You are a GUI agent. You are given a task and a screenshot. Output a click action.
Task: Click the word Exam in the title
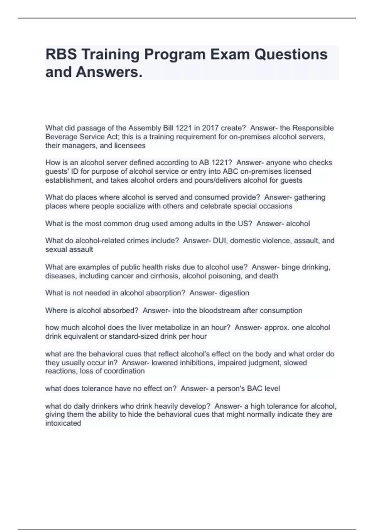[x=230, y=54]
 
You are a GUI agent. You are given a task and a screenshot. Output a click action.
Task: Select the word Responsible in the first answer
[x=313, y=128]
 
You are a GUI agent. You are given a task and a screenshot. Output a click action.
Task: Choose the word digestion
[x=234, y=293]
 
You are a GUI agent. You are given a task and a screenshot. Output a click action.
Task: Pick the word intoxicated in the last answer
[x=63, y=423]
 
